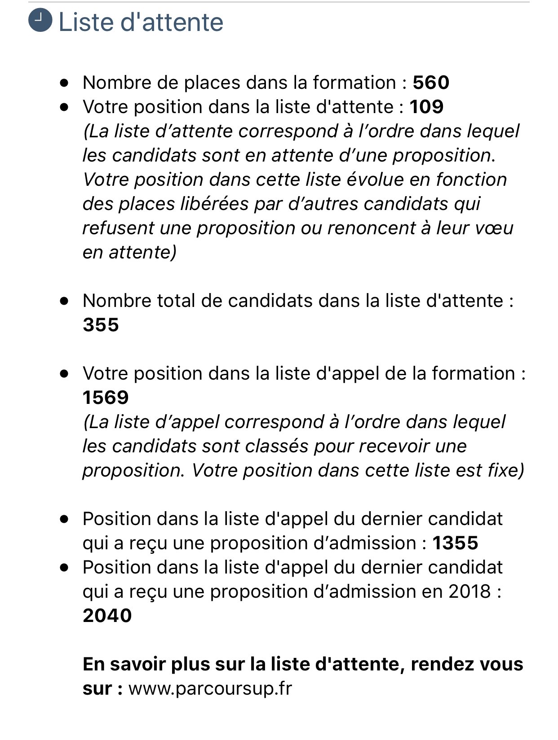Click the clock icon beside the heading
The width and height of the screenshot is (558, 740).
click(40, 21)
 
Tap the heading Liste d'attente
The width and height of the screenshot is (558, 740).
click(141, 22)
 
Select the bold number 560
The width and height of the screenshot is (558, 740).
click(431, 83)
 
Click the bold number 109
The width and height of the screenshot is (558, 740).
click(426, 107)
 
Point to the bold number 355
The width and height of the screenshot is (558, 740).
click(101, 325)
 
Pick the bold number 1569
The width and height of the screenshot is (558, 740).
click(106, 398)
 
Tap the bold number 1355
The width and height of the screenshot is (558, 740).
click(455, 543)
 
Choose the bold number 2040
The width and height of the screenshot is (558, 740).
click(107, 616)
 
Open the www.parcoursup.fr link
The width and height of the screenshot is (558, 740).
click(210, 688)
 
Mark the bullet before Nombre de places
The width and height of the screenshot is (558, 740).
click(65, 83)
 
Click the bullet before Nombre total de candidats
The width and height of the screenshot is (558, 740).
click(65, 301)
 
